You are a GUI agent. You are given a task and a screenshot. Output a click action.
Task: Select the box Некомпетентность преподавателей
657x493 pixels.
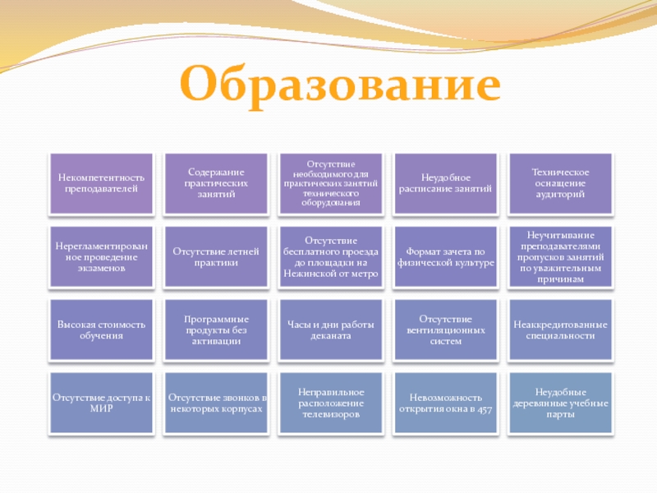[101, 183]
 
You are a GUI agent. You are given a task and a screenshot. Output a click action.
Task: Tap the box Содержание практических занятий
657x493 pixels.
[216, 183]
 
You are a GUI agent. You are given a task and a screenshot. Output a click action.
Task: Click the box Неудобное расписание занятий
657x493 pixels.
[445, 183]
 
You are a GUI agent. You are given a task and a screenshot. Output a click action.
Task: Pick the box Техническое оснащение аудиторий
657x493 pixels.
[560, 183]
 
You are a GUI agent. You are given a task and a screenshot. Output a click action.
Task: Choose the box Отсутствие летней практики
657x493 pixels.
[216, 257]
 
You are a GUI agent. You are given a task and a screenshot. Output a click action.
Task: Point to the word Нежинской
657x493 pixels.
[306, 274]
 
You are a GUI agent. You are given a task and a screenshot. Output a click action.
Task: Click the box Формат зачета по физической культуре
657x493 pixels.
[445, 257]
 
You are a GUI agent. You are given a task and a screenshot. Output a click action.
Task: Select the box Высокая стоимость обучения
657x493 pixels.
[101, 330]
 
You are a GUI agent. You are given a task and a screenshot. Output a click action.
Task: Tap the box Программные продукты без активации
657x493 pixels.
[216, 330]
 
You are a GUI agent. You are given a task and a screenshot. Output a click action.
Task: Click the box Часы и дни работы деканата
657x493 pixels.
[331, 330]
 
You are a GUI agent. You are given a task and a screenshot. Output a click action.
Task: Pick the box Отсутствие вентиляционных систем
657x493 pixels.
[445, 330]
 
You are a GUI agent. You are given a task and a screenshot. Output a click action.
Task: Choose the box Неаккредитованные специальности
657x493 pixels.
[560, 330]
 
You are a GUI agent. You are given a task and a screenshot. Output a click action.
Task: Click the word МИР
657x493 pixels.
[101, 408]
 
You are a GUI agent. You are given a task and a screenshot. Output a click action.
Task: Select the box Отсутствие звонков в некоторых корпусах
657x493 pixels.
[216, 403]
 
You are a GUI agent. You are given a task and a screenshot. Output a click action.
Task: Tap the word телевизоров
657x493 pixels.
[331, 414]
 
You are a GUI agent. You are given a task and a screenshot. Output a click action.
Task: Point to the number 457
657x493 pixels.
[485, 408]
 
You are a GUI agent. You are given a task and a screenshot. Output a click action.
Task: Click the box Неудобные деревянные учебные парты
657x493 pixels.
[560, 403]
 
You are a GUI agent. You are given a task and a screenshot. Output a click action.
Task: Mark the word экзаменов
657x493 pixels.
[101, 269]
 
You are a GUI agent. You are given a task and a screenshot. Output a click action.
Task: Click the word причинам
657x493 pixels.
[560, 279]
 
